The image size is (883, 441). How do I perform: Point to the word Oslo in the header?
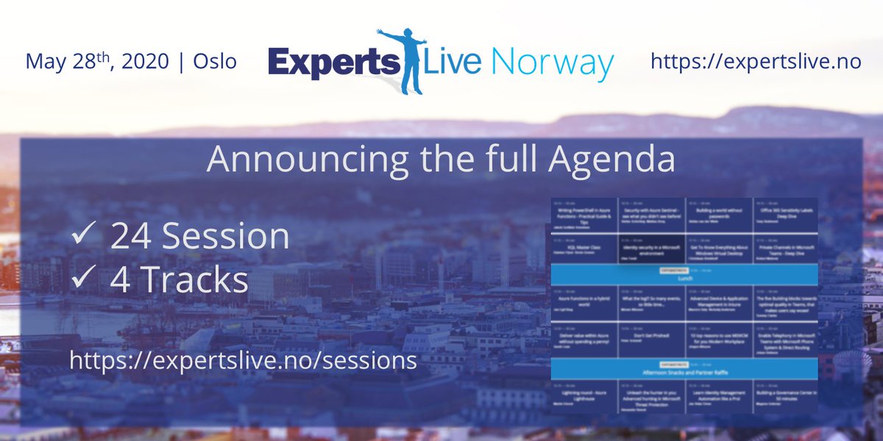[x=215, y=61]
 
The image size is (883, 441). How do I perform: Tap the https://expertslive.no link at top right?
[x=756, y=61]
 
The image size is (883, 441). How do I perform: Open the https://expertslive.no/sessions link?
[x=243, y=360]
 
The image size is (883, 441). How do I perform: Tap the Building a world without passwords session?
[x=717, y=214]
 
